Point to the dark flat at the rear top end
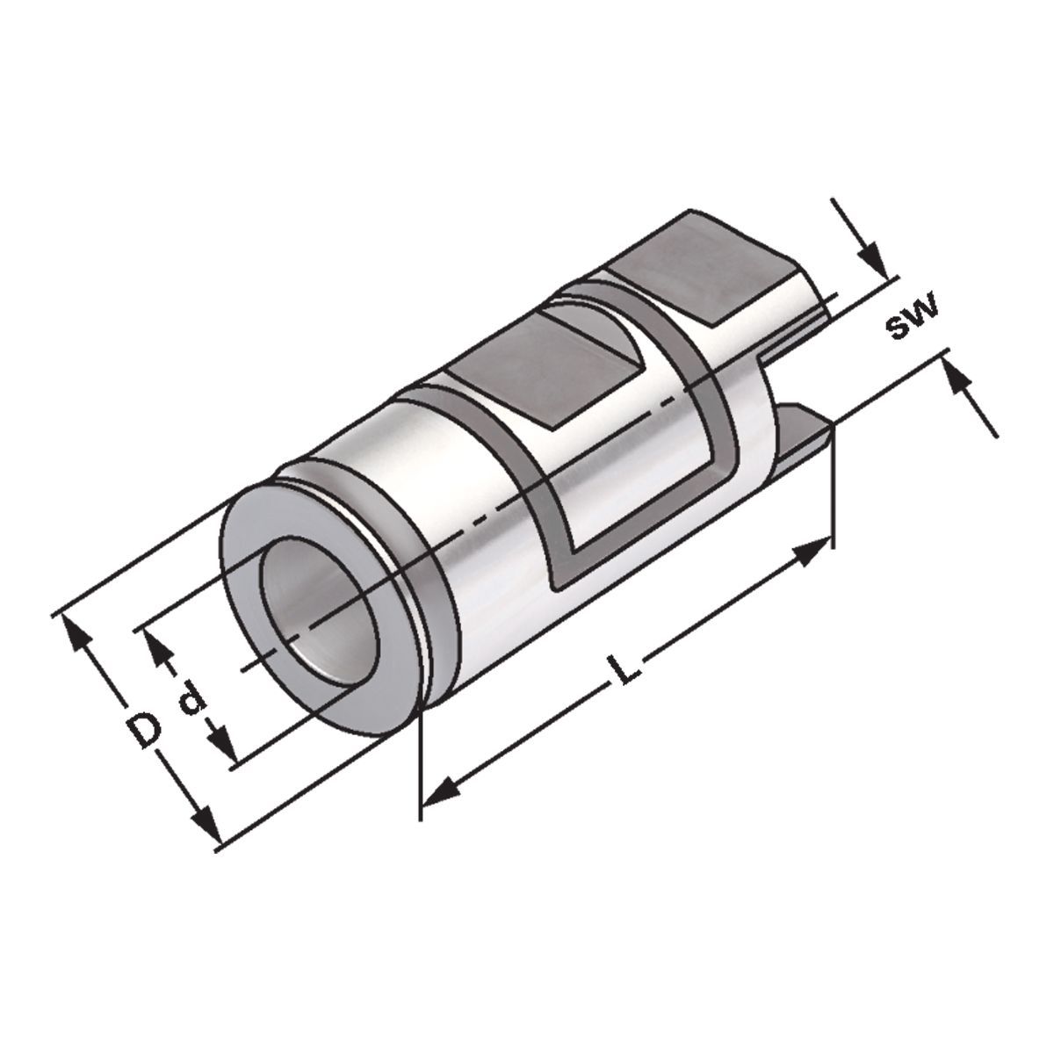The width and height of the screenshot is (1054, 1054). [711, 268]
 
